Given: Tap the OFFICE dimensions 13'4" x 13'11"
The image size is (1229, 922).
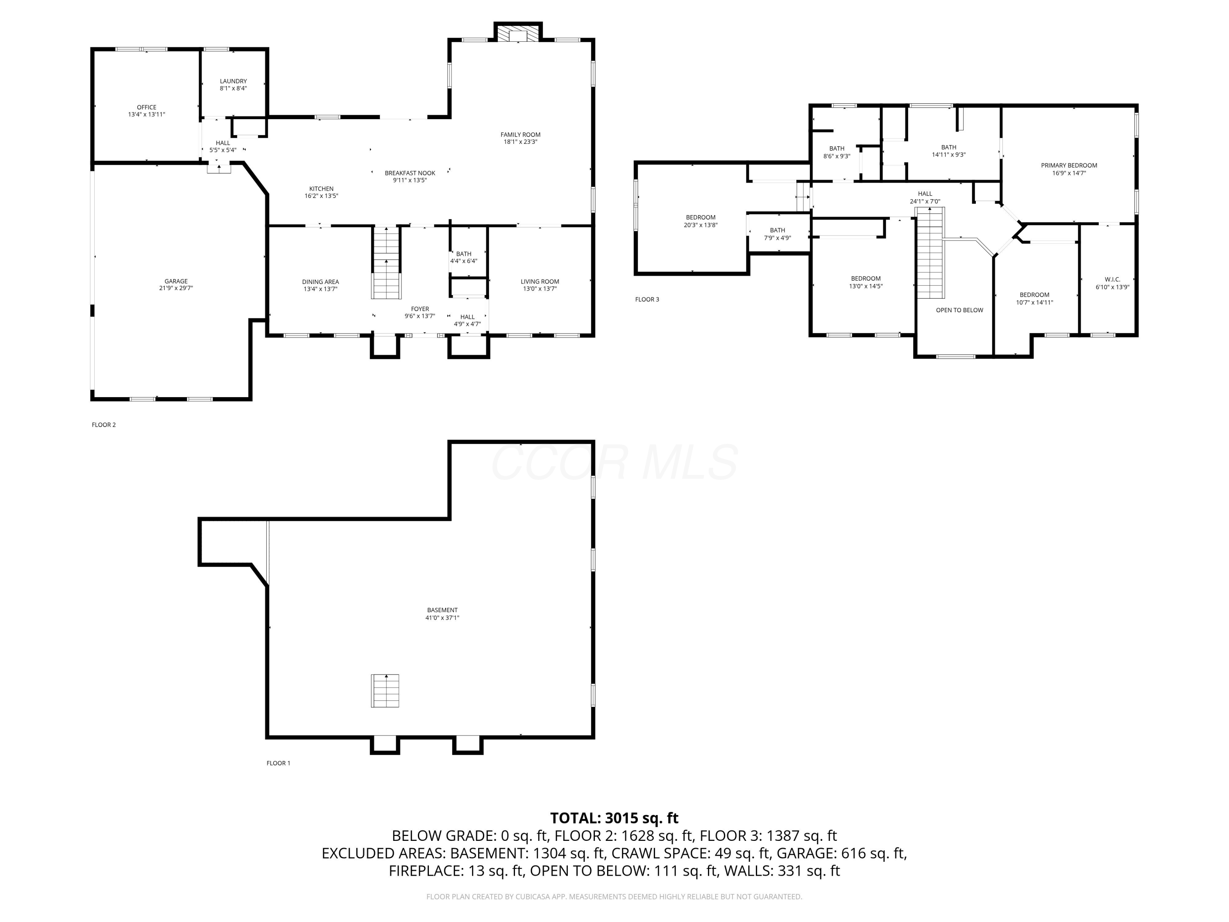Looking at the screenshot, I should (x=147, y=114).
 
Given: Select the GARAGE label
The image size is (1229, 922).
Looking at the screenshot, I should (x=176, y=281).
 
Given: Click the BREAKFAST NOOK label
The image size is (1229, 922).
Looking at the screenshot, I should (x=410, y=173).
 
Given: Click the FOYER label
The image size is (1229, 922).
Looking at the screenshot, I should (x=419, y=309).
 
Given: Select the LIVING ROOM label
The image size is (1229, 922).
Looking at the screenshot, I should (x=540, y=281).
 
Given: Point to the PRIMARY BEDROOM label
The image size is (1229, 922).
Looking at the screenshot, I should (x=1068, y=165).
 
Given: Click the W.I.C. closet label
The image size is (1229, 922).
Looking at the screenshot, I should (x=1112, y=279).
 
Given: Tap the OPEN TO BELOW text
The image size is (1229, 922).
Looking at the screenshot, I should (x=959, y=310).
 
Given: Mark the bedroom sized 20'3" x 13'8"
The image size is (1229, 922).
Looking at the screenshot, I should (x=700, y=221).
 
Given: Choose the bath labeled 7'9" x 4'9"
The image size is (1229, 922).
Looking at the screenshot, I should (x=777, y=234).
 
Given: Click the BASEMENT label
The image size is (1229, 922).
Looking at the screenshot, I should (x=442, y=610).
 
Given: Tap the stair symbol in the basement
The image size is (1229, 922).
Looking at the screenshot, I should (x=385, y=691).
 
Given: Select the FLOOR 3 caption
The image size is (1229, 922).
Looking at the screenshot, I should (x=647, y=300).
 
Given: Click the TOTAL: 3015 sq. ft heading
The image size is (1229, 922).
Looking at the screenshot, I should (x=614, y=818).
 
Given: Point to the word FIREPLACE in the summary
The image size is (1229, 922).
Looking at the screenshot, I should (x=426, y=871).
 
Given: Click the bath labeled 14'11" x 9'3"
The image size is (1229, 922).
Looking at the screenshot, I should (x=948, y=151).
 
